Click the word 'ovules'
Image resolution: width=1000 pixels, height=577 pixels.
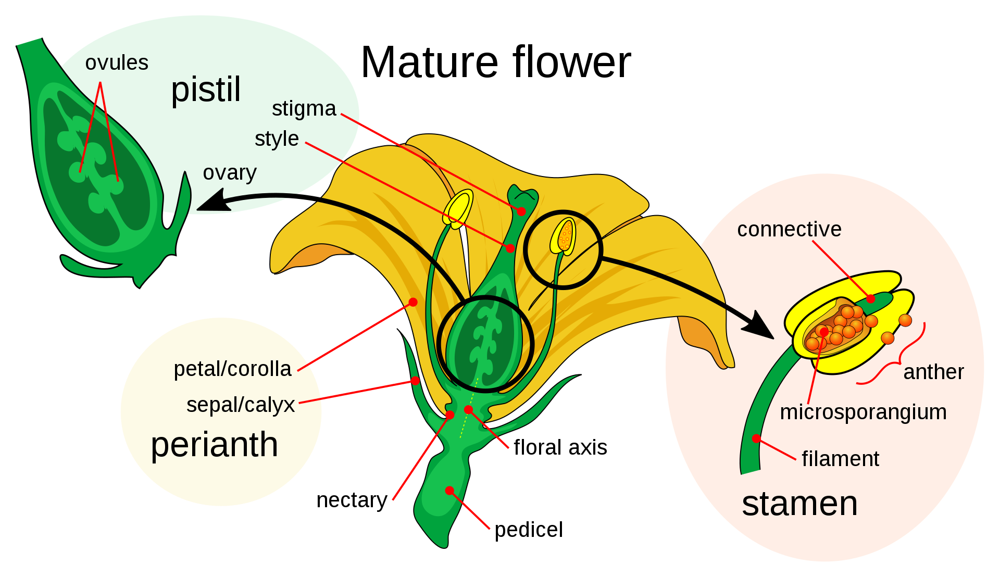[117, 63]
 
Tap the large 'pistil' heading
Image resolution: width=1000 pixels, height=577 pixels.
[206, 90]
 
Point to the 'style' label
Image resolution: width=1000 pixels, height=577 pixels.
[277, 139]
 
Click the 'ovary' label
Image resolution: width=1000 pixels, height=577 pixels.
[230, 173]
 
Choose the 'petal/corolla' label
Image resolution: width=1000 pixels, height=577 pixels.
[232, 369]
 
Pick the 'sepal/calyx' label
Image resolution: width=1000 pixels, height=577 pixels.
[241, 405]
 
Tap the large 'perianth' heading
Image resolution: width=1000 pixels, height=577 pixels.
[214, 445]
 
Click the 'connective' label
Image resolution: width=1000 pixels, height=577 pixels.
[789, 230]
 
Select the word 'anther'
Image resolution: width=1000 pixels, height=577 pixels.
[933, 372]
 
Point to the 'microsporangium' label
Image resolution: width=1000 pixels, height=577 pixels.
[863, 412]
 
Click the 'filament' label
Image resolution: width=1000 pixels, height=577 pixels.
[840, 459]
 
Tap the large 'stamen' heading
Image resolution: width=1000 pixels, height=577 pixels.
[799, 504]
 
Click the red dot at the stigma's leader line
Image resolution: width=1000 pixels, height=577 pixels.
[521, 211]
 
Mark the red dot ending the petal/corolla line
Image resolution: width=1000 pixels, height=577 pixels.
[413, 302]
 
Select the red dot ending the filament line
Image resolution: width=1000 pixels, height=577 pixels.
[756, 438]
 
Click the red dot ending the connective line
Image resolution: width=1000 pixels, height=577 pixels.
[870, 299]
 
